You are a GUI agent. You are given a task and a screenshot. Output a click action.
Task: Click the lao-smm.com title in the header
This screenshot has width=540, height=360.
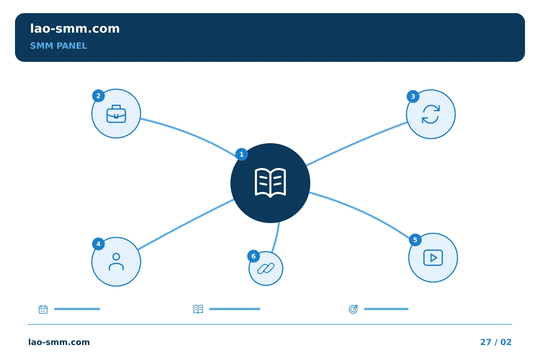75,29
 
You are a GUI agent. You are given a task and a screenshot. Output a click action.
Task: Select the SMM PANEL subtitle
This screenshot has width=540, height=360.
58,46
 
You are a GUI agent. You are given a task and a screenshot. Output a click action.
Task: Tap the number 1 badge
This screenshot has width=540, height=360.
241,154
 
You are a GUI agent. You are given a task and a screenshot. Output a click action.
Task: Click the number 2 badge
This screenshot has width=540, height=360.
98,96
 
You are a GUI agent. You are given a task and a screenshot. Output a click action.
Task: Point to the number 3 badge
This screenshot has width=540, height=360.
413,96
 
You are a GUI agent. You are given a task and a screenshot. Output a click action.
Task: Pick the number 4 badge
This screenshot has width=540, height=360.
98,244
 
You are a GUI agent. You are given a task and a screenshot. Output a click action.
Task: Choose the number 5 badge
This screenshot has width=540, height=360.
415,240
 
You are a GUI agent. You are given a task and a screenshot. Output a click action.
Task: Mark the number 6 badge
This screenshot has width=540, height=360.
253,256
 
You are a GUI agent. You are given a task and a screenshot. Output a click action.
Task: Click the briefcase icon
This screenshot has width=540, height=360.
116,114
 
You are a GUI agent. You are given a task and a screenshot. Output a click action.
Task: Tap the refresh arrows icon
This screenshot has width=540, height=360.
431,114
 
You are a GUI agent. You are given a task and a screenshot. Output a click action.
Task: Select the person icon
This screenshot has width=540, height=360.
116,262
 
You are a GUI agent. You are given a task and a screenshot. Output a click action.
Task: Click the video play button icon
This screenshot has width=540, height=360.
433,258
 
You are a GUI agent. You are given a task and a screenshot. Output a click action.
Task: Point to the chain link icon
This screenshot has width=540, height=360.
265,268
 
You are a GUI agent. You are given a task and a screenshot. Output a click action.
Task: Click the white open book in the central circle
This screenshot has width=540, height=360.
270,183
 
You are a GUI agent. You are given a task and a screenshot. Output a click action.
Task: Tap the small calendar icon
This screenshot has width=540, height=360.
43,309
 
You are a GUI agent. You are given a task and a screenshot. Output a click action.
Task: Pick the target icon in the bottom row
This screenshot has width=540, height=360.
353,309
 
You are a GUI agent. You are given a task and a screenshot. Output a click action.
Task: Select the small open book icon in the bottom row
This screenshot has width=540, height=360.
198,309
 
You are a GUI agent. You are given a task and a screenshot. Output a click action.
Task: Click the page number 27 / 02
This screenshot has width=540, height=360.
496,342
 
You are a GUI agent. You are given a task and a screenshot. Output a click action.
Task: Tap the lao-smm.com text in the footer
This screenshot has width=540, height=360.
59,342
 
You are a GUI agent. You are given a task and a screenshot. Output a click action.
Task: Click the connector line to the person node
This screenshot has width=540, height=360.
186,225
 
